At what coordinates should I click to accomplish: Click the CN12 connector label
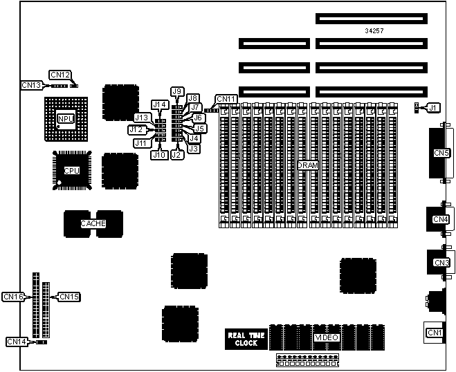click(x=60, y=74)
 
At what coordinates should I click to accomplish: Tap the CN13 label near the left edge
click(x=32, y=85)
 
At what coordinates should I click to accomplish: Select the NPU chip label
click(x=66, y=119)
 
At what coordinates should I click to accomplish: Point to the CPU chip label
click(x=72, y=170)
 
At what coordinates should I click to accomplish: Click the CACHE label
click(x=93, y=223)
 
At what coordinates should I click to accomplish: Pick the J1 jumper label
click(x=432, y=107)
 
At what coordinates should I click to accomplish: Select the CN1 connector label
click(x=435, y=333)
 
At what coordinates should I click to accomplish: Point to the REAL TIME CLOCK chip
click(x=246, y=338)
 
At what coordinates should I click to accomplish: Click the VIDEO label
click(x=327, y=337)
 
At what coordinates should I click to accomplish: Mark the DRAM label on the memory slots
click(x=307, y=165)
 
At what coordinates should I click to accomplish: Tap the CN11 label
click(x=226, y=99)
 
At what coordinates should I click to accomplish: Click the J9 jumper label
click(x=177, y=91)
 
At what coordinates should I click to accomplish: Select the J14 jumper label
click(x=161, y=104)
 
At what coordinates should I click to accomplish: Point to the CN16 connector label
click(x=14, y=297)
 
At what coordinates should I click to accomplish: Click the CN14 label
click(x=17, y=342)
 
